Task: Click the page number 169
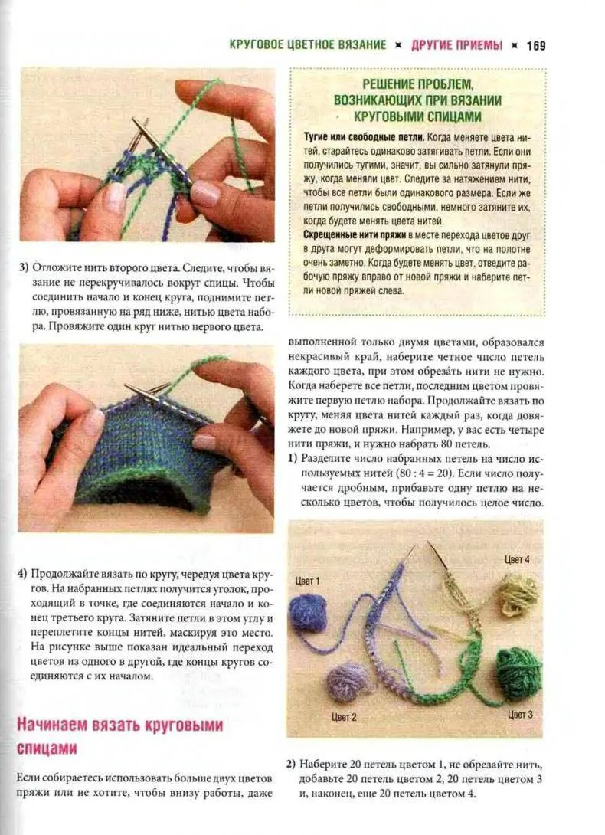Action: pyautogui.click(x=535, y=45)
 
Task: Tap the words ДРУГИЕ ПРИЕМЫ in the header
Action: pyautogui.click(x=456, y=45)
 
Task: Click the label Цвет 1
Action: pyautogui.click(x=307, y=581)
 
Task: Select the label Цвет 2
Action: pyautogui.click(x=344, y=717)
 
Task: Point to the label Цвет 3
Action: pyautogui.click(x=521, y=714)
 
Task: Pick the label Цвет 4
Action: pyautogui.click(x=517, y=560)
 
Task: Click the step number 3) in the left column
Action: pyautogui.click(x=24, y=268)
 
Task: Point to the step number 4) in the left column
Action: pyautogui.click(x=24, y=574)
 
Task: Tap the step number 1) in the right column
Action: pyautogui.click(x=293, y=458)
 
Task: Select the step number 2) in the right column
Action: pyautogui.click(x=291, y=765)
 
